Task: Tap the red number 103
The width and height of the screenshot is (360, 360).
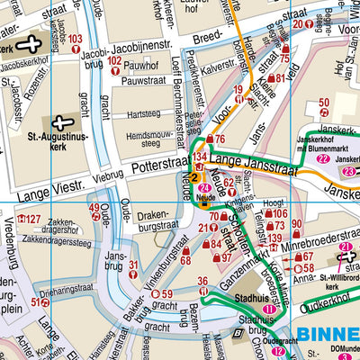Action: [x=75, y=38]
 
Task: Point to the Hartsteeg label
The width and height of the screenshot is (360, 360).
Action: [x=145, y=115]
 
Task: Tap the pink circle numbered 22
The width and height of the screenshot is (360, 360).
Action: [x=322, y=159]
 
